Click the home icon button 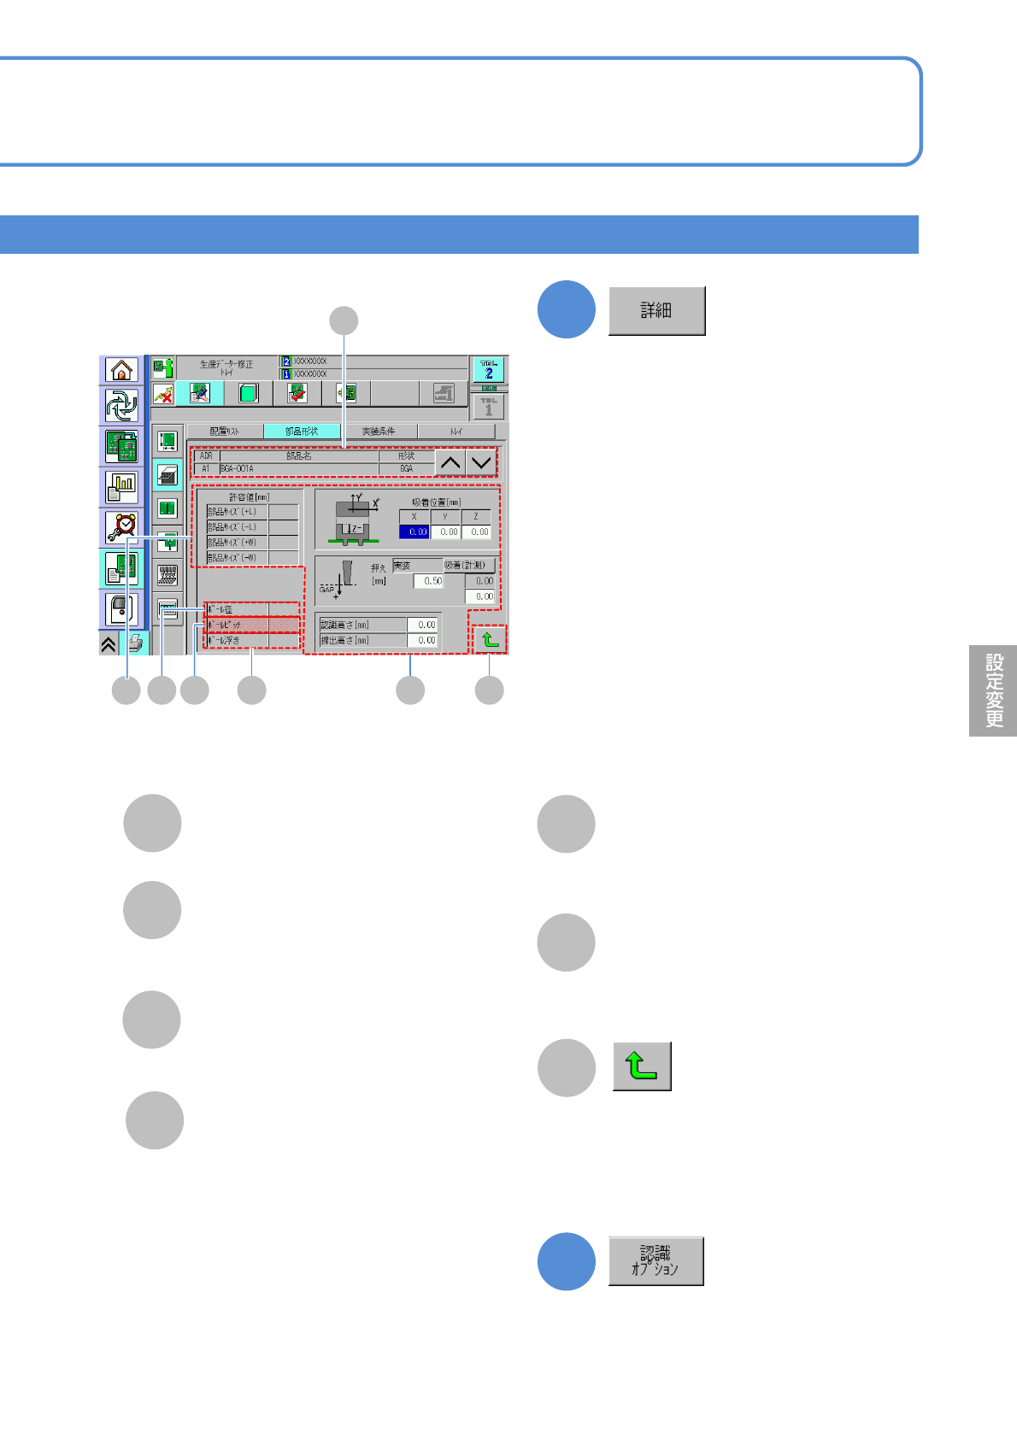(x=121, y=370)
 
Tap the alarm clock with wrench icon (x=121, y=527)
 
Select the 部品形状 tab (x=302, y=432)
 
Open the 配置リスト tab (x=225, y=432)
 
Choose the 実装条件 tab (x=379, y=432)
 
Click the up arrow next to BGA (x=450, y=463)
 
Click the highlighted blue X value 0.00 (x=414, y=532)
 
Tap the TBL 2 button (x=489, y=370)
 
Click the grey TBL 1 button (x=489, y=407)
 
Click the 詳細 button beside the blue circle (x=656, y=311)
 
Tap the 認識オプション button (x=655, y=1261)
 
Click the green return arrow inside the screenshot (x=490, y=639)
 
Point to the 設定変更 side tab (x=993, y=690)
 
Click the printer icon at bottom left (x=135, y=643)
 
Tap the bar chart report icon (x=121, y=487)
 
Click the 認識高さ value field (x=422, y=625)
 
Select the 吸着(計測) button (x=469, y=566)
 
